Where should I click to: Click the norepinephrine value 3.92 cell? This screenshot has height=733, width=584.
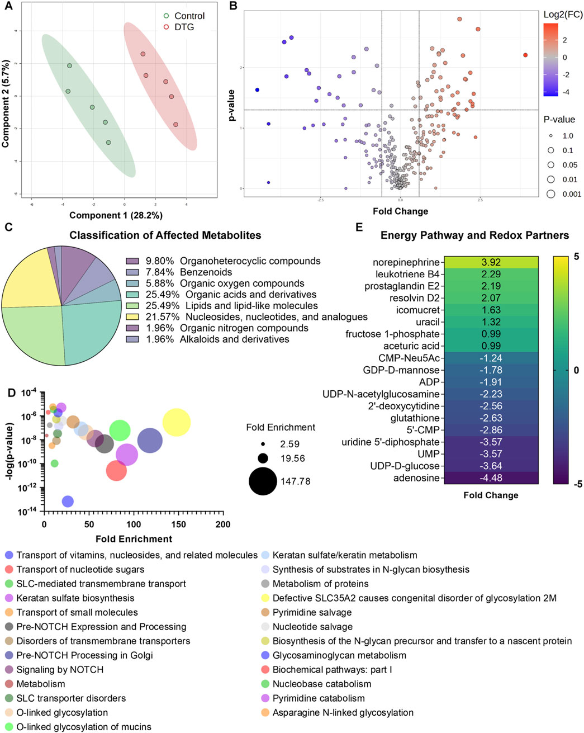click(491, 262)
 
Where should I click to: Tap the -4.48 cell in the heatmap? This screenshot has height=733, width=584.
click(491, 478)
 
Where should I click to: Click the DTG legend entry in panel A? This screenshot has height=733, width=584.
click(184, 27)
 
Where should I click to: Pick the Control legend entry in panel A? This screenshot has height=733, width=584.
click(189, 16)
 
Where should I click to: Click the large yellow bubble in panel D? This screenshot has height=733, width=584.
click(177, 422)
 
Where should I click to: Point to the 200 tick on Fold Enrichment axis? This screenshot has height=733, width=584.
click(222, 525)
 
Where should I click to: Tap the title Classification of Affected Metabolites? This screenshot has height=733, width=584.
click(165, 235)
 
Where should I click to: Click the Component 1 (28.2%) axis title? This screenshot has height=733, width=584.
click(116, 215)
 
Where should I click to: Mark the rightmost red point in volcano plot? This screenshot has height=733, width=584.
click(525, 55)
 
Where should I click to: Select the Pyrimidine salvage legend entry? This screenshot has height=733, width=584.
click(312, 612)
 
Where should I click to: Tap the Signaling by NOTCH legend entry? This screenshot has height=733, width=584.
click(60, 669)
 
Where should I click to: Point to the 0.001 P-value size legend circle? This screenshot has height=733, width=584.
click(550, 194)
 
